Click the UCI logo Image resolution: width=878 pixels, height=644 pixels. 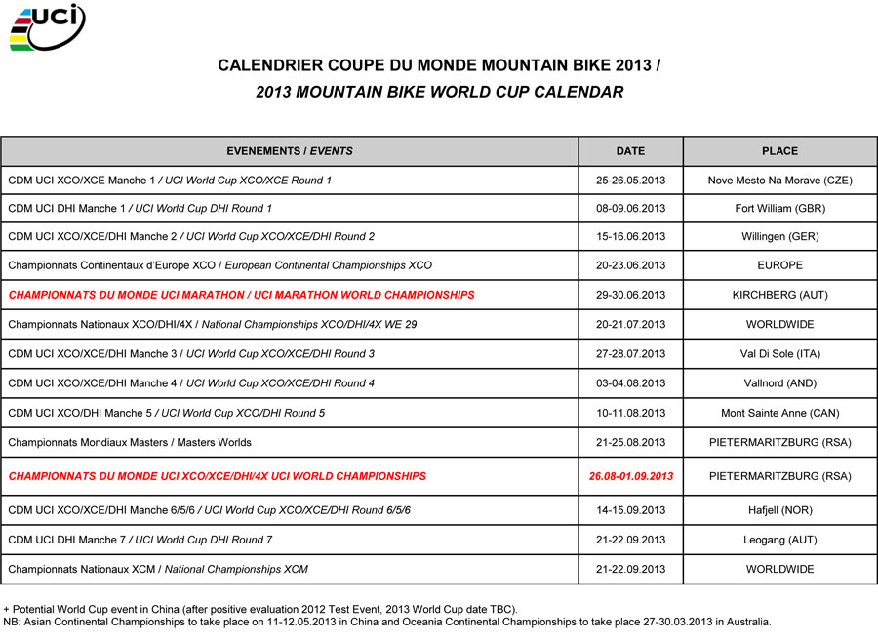click(47, 27)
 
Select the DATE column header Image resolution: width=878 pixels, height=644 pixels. click(630, 151)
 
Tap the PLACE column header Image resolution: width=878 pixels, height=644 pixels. click(779, 151)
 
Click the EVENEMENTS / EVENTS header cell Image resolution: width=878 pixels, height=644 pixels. click(290, 151)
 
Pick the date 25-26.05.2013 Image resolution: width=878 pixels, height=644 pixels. click(630, 181)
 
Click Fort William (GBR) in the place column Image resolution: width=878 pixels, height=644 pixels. click(779, 209)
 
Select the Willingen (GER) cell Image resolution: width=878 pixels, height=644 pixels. click(779, 237)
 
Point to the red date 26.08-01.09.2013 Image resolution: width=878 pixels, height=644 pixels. click(630, 477)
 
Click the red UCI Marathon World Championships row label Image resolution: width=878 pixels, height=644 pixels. click(241, 295)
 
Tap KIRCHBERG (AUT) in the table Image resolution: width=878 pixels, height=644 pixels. click(779, 295)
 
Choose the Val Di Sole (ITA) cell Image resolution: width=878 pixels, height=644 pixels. click(779, 354)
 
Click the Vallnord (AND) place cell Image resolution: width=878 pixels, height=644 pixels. click(779, 383)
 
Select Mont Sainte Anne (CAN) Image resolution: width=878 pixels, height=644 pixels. click(779, 413)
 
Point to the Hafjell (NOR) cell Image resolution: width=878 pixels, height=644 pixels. click(779, 510)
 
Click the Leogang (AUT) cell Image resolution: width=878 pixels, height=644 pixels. click(779, 540)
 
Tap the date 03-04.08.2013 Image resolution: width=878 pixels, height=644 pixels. click(630, 383)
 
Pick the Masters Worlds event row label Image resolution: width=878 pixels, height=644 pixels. click(130, 442)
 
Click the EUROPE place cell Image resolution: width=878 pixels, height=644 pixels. click(779, 265)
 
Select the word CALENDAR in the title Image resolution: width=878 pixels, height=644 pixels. click(577, 93)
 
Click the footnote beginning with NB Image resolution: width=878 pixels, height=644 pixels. click(387, 622)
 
